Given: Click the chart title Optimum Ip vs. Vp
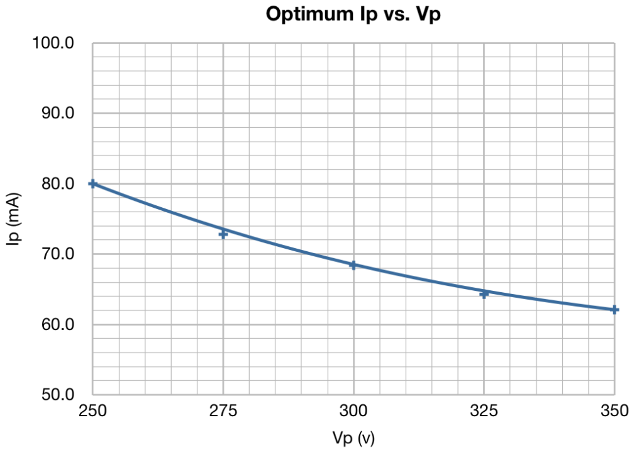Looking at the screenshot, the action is [x=353, y=14].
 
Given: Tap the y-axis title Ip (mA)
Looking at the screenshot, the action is [x=13, y=219].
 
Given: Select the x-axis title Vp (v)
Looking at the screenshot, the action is [x=353, y=438].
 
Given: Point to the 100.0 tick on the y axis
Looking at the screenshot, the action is [x=53, y=42].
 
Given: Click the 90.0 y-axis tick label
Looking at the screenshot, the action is [x=58, y=113].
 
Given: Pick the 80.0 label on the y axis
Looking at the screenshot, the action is [x=58, y=183].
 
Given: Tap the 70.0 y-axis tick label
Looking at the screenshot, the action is [x=58, y=254].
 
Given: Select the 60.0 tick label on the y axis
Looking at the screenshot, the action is [x=58, y=324].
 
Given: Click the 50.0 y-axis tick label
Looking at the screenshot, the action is [x=58, y=395].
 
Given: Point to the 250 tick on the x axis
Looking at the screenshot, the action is [x=93, y=411].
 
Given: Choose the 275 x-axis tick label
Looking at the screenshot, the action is [x=223, y=411].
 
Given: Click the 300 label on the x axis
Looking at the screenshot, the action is [x=353, y=411].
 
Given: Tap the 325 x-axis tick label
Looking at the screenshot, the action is [x=484, y=411].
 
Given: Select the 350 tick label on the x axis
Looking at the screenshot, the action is [x=614, y=411].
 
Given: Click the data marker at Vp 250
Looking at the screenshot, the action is [x=93, y=183].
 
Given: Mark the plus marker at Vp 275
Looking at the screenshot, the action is [x=223, y=234].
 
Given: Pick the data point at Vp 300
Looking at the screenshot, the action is [x=353, y=265].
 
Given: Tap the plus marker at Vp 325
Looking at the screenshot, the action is [x=484, y=294].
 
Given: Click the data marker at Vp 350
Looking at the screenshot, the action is [x=614, y=310].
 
